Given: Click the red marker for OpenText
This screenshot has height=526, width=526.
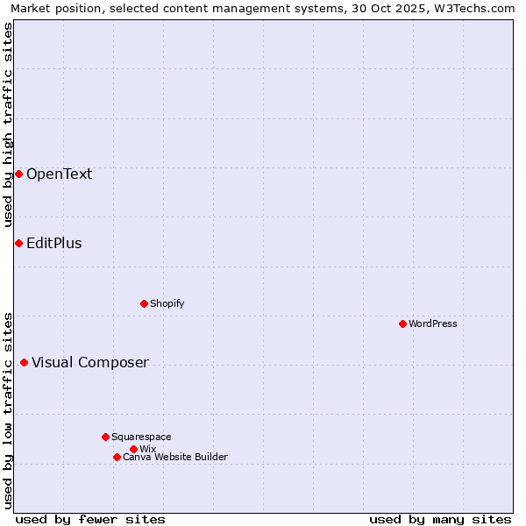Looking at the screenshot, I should coord(18,174).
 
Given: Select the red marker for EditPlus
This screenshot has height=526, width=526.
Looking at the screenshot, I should coord(18,243).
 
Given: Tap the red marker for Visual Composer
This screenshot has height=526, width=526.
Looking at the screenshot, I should coord(24,362).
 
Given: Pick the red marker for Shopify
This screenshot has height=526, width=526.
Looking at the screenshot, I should coord(144,303).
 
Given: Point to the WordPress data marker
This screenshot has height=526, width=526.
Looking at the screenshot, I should coord(402,323).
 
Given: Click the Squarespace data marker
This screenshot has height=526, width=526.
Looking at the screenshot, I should coord(105,437).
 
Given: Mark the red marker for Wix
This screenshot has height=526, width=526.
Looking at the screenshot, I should coord(133,449).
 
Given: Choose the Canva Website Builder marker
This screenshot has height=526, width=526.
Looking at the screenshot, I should coord(117,457).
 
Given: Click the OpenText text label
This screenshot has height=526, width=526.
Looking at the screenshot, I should coord(59,174).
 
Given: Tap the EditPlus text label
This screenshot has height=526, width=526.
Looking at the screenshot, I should coord(53,243).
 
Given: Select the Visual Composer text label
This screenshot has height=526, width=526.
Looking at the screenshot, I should coord(89,362).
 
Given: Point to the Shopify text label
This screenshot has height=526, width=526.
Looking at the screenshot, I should coord(167,303).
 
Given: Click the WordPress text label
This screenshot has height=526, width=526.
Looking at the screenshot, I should coord(432,323).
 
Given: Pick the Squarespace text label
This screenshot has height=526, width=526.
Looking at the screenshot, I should coord(141,437).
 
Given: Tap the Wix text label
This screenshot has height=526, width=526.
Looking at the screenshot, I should coord(147,449).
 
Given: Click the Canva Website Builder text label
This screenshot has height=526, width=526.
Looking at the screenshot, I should coord(174,457).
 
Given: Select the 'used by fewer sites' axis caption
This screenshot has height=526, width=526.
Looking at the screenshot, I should coord(90,519).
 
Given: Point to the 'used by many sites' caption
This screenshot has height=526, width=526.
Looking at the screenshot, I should coord(440,519).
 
